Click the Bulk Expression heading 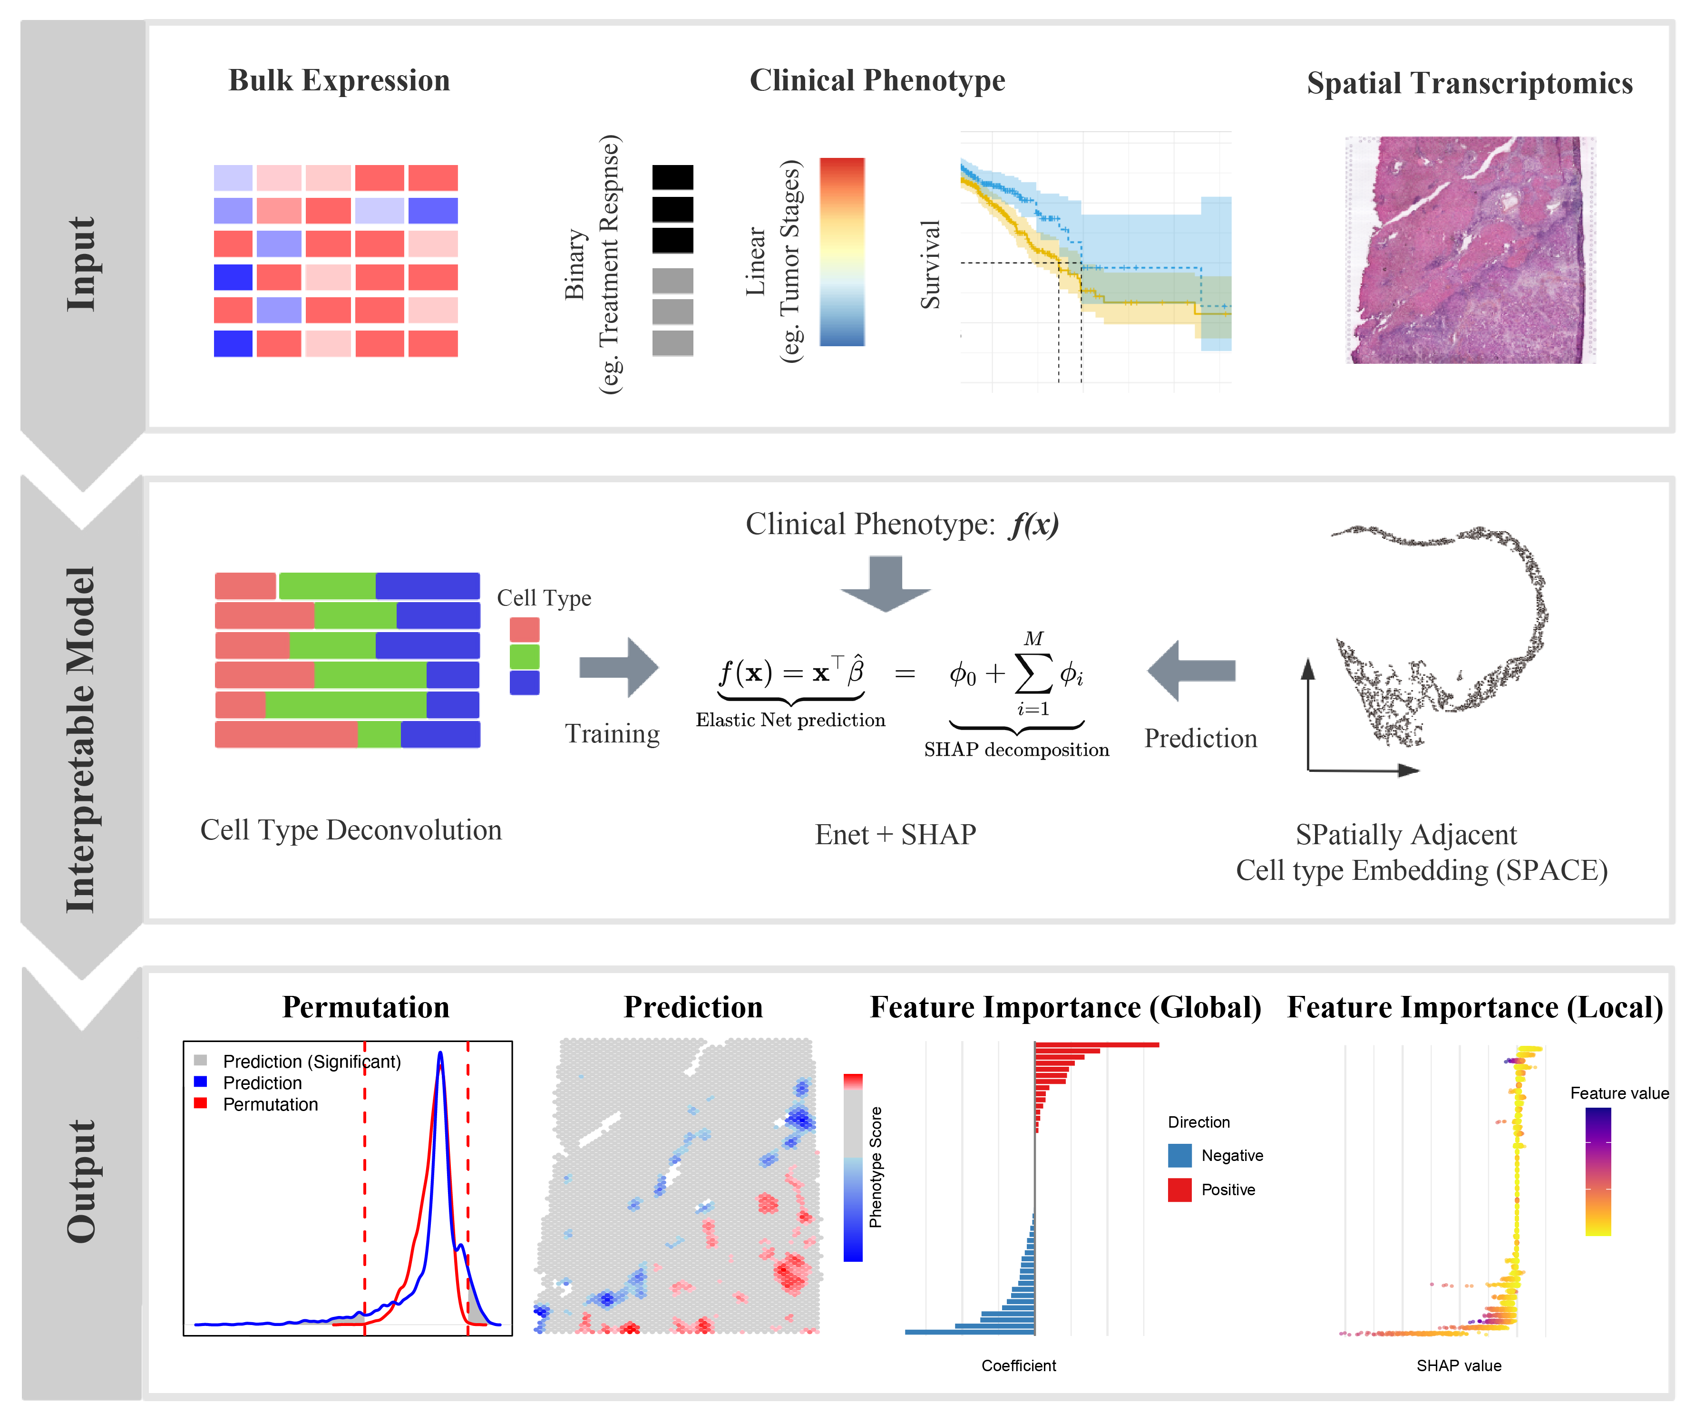339,81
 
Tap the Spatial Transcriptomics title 1469,83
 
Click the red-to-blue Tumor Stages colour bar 842,252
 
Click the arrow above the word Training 619,668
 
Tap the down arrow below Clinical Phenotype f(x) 886,583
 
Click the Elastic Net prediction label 790,720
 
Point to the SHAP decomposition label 1016,750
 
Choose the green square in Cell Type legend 525,656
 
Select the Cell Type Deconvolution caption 351,830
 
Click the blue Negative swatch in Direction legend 1179,1155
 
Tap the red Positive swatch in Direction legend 1179,1190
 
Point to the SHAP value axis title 1459,1366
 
